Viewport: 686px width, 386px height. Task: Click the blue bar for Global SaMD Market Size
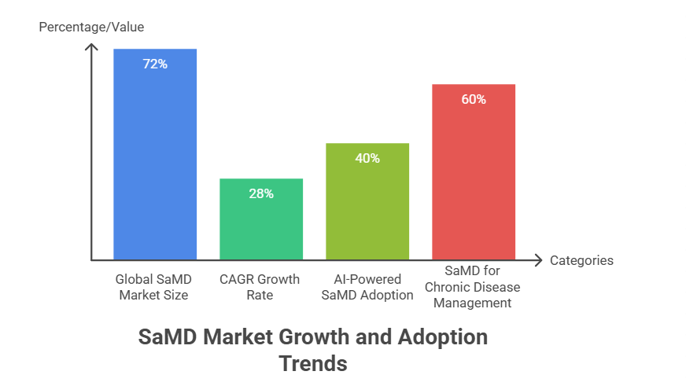[155, 157]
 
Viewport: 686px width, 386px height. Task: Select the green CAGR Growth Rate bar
[261, 224]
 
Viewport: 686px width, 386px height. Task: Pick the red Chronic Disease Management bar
[474, 177]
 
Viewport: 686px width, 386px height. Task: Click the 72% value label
[155, 64]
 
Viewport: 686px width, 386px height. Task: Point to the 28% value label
[261, 193]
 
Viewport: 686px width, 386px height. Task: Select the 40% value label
[367, 158]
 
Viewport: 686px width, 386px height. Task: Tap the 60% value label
[474, 100]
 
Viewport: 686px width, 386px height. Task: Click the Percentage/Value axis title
[92, 28]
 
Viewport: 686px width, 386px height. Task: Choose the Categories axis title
[581, 260]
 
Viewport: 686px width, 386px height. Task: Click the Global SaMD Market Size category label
[155, 287]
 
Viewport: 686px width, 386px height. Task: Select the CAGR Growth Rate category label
[261, 287]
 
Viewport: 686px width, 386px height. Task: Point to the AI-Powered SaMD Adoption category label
[367, 287]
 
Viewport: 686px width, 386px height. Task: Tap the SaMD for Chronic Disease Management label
[474, 287]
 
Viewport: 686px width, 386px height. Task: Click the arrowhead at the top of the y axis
[92, 46]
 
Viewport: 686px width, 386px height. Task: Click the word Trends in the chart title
[313, 364]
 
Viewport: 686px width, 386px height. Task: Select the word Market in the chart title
[231, 337]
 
